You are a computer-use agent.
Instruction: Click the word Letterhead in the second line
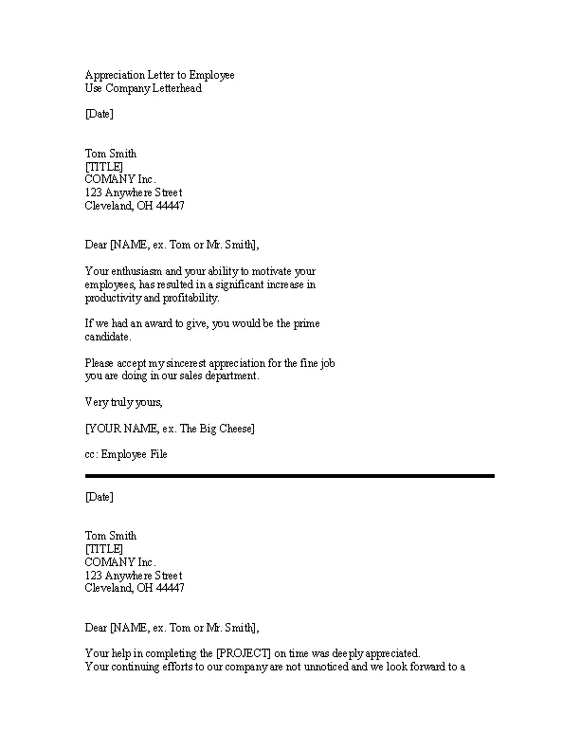175,89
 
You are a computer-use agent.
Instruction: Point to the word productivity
113,298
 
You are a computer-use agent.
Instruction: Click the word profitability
185,298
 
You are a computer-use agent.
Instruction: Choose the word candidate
108,337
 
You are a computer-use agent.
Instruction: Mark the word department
226,376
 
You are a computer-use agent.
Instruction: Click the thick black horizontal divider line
289,476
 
